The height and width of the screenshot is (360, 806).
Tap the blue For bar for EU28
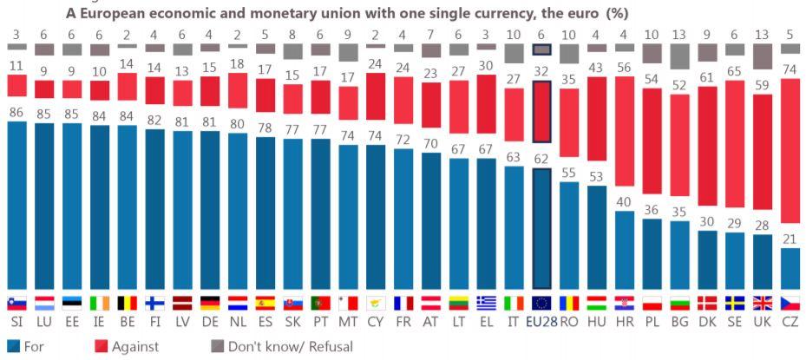pyautogui.click(x=541, y=229)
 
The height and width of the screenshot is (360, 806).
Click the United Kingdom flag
pyautogui.click(x=763, y=303)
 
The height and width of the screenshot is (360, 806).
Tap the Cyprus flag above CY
pyautogui.click(x=376, y=303)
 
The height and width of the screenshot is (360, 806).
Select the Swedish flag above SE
pyautogui.click(x=735, y=303)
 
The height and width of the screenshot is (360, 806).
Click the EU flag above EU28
pyautogui.click(x=541, y=303)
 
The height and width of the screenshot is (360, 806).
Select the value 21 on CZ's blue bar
pyautogui.click(x=790, y=239)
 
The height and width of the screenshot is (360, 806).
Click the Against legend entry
pyautogui.click(x=131, y=345)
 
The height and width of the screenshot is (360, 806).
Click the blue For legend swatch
pyautogui.click(x=12, y=345)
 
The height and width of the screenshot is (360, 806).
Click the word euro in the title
pyautogui.click(x=558, y=14)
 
